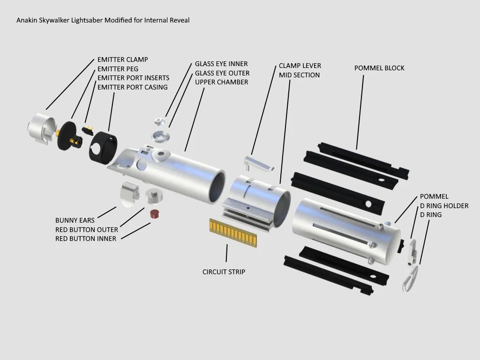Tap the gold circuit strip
point(232,232)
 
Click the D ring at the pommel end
point(411,278)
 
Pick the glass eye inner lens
point(161,122)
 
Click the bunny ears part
point(130,193)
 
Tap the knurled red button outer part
point(153,196)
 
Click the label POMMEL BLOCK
point(379,68)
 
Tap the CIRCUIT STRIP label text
point(224,272)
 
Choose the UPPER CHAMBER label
point(222,82)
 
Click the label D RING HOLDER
point(444,206)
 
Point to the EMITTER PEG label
point(118,69)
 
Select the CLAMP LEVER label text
point(300,66)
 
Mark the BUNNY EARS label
point(75,220)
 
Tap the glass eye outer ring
point(161,136)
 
